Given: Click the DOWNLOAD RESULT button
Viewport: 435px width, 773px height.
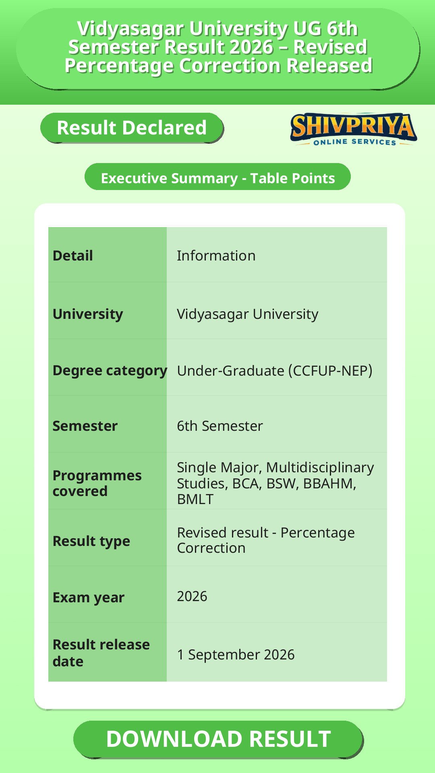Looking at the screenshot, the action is click(x=218, y=739).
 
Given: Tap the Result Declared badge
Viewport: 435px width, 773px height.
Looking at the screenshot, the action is click(x=132, y=128).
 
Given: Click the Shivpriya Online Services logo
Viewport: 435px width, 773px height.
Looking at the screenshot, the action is click(x=354, y=129).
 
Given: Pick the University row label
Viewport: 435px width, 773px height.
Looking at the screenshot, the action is click(x=88, y=314).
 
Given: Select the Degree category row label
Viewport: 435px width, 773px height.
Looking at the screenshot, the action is click(x=110, y=371).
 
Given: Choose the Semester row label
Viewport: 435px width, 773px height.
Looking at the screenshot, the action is click(x=85, y=426).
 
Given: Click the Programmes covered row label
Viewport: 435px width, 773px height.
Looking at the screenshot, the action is click(x=97, y=483).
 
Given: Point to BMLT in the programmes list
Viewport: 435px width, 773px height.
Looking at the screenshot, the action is click(x=195, y=499).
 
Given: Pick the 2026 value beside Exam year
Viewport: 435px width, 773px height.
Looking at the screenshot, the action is click(x=192, y=596).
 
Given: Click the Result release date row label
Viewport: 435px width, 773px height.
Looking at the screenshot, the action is click(x=101, y=653).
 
